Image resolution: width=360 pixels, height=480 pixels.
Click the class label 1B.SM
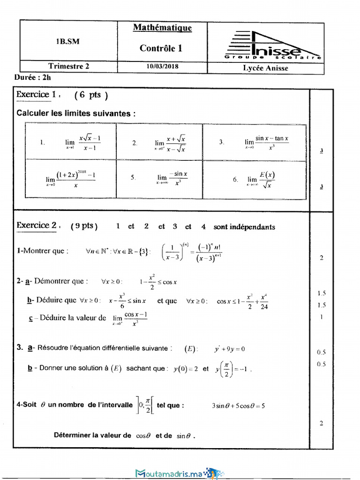pos(68,41)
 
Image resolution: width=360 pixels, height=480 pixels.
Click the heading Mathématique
pos(162,28)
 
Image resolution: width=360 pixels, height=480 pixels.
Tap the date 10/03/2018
pos(162,67)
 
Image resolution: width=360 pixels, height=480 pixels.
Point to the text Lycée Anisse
pos(265,68)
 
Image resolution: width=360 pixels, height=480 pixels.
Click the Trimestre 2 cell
pos(68,67)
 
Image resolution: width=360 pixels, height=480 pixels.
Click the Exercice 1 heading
pos(37,94)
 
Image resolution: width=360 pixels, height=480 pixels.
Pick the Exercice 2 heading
pos(38,225)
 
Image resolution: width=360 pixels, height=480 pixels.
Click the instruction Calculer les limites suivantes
pos(76,113)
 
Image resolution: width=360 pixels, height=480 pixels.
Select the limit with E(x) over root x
pos(262,179)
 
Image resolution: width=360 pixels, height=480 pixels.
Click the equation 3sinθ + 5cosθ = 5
pos(238,406)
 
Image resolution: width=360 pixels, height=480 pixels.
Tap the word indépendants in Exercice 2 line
pos(252,227)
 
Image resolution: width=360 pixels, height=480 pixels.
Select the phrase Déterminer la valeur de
pos(92,435)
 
